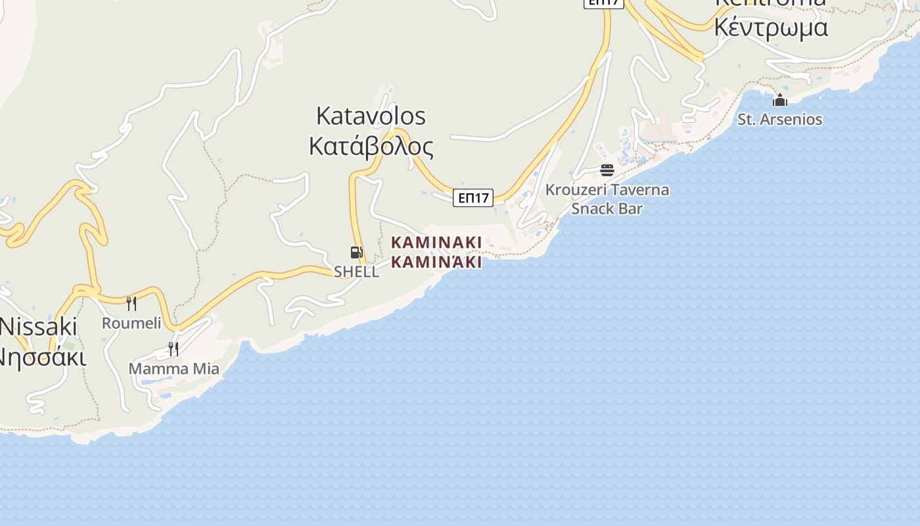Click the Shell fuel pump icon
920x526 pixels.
(x=356, y=252)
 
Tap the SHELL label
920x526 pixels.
(x=356, y=272)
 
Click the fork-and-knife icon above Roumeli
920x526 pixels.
(x=131, y=303)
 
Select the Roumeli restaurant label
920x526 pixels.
(x=131, y=323)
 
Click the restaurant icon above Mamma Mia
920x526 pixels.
(x=173, y=348)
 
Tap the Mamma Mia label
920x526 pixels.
(x=173, y=368)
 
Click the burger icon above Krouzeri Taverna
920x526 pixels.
(x=607, y=170)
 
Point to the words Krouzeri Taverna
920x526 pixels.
(x=607, y=190)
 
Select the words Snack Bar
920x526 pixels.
(x=607, y=208)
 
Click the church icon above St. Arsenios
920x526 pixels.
(x=780, y=100)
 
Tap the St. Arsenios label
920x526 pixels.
(x=780, y=119)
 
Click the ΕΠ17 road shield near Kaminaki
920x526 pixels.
(x=473, y=198)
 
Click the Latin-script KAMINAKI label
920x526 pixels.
(x=436, y=243)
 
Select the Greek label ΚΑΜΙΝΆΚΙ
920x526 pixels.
(x=436, y=262)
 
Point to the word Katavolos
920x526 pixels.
(x=371, y=116)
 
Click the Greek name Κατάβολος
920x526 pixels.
(x=371, y=147)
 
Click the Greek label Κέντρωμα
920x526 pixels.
(x=771, y=28)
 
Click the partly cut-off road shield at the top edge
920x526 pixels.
(x=603, y=3)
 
